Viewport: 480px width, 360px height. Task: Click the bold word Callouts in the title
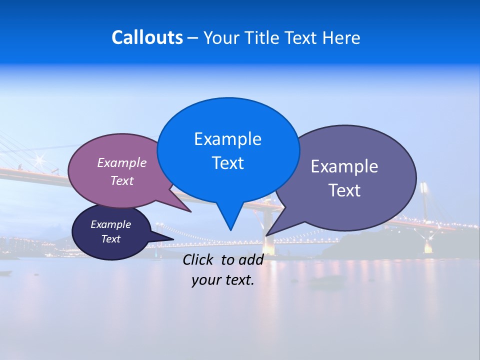coord(147,38)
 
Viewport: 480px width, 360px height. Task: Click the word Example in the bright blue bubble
coord(227,139)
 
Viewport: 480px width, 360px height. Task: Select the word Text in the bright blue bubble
coord(227,163)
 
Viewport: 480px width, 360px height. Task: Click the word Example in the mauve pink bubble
coord(122,162)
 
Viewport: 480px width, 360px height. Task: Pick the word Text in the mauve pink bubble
coord(122,180)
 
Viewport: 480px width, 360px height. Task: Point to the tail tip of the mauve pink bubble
coord(190,211)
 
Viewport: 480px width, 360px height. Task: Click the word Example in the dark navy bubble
coord(110,224)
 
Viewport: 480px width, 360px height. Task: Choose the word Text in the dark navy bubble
coord(110,239)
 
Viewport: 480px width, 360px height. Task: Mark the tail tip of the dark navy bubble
coord(173,239)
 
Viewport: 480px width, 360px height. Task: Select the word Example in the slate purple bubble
coord(344,166)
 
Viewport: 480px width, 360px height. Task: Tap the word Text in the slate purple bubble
coord(344,190)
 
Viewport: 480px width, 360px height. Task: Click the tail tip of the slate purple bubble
coord(266,235)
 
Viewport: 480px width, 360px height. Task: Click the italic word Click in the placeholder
coord(198,259)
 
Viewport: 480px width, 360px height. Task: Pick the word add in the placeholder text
coord(251,259)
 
